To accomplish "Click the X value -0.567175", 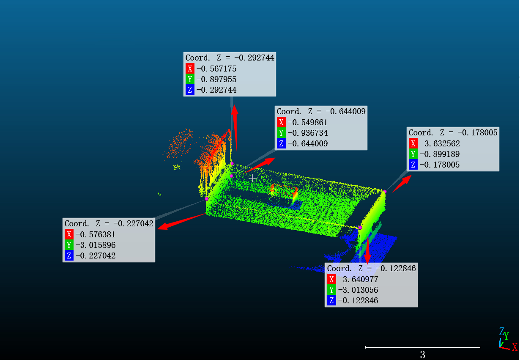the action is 216,69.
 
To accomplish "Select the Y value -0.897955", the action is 216,79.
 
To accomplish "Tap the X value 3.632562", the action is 442,143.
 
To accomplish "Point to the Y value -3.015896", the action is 96,245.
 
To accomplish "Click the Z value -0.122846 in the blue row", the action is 358,300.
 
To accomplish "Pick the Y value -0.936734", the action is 308,133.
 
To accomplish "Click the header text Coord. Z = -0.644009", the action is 321,112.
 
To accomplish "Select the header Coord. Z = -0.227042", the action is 109,223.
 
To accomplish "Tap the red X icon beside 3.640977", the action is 331,279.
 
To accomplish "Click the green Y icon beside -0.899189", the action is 413,154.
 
